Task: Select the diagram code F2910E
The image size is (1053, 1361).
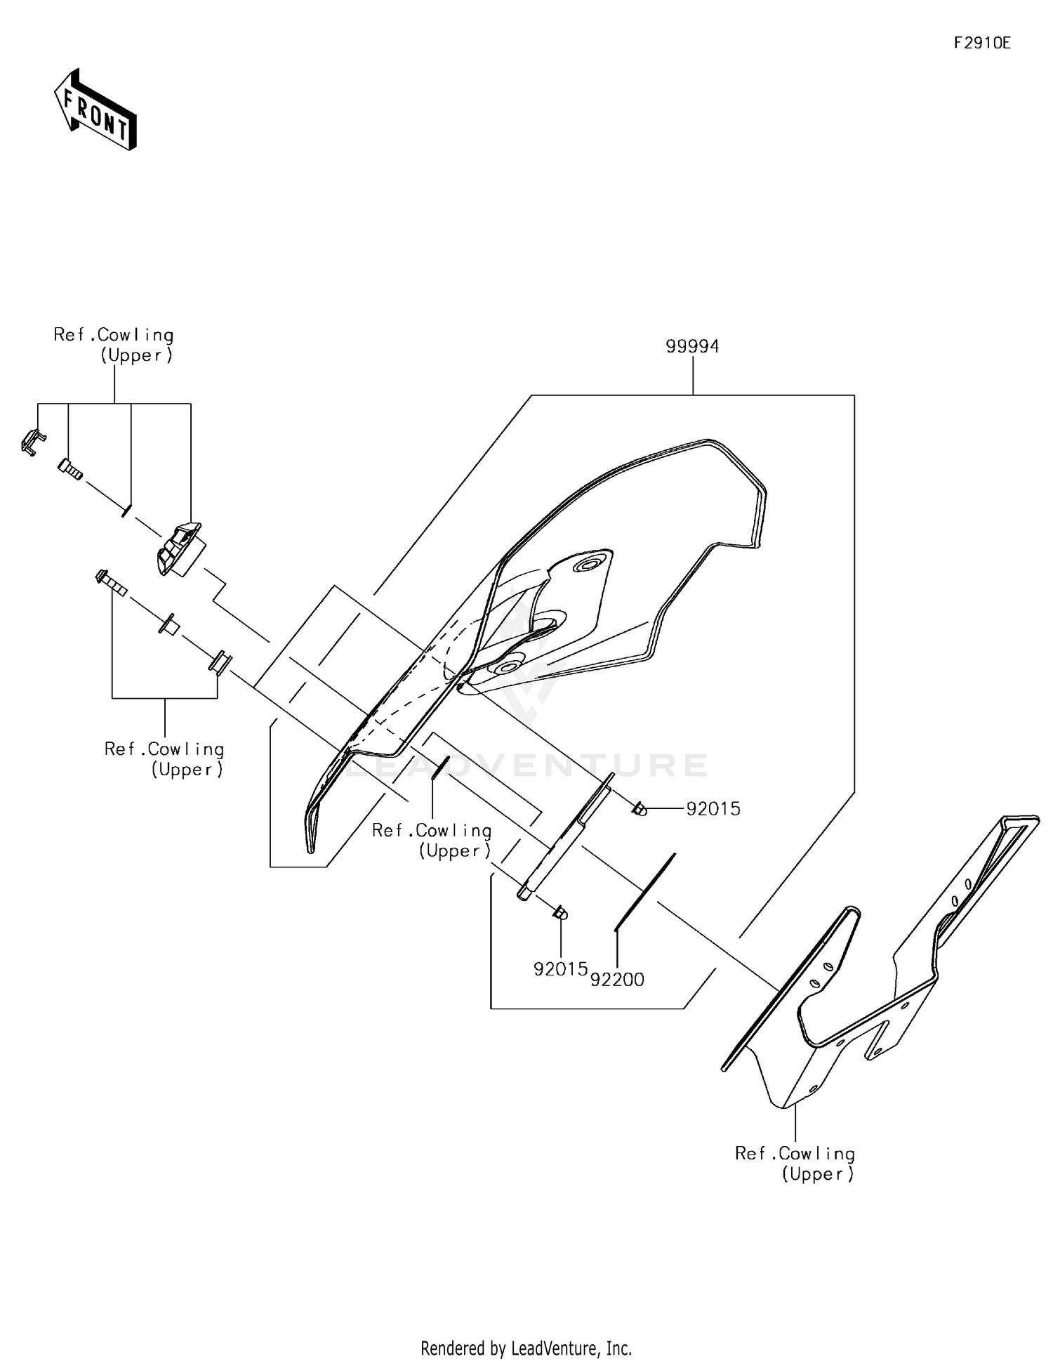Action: point(981,43)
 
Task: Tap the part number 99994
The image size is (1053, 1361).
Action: point(692,346)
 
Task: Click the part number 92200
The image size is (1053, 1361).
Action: point(617,979)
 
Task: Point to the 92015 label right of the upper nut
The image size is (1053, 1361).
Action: point(713,809)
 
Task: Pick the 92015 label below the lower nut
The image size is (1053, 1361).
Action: point(560,969)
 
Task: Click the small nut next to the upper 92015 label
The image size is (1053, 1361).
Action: point(639,810)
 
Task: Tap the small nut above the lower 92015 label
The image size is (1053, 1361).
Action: point(560,913)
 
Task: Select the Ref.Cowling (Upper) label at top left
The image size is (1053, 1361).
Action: point(114,345)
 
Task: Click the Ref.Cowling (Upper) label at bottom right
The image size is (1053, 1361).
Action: point(795,1164)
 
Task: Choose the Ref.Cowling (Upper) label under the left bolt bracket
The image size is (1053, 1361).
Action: point(164,759)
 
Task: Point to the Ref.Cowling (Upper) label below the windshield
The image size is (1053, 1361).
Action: point(432,841)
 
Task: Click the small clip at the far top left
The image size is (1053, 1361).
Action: point(32,442)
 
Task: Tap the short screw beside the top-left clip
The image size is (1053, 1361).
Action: point(69,468)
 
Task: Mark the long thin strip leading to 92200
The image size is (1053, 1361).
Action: point(644,892)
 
